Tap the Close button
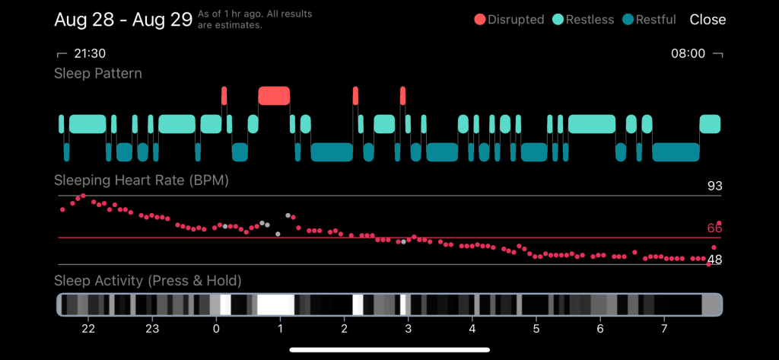tap(707, 20)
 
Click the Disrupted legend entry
tap(509, 20)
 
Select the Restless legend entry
tap(583, 20)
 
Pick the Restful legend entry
tap(649, 20)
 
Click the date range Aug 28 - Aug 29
tap(122, 20)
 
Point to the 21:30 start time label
tap(90, 54)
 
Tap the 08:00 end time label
tap(687, 54)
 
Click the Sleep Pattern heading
tap(98, 74)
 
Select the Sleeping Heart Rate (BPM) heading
tap(141, 181)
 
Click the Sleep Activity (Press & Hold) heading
tap(148, 281)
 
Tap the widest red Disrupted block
tap(274, 95)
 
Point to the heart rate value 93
tap(714, 186)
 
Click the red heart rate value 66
tap(714, 228)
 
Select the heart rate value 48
tap(714, 260)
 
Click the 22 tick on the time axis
tap(88, 329)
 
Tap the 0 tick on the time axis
tap(216, 329)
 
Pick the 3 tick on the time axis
tap(409, 329)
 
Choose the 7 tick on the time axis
tap(664, 329)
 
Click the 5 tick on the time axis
tap(536, 329)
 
